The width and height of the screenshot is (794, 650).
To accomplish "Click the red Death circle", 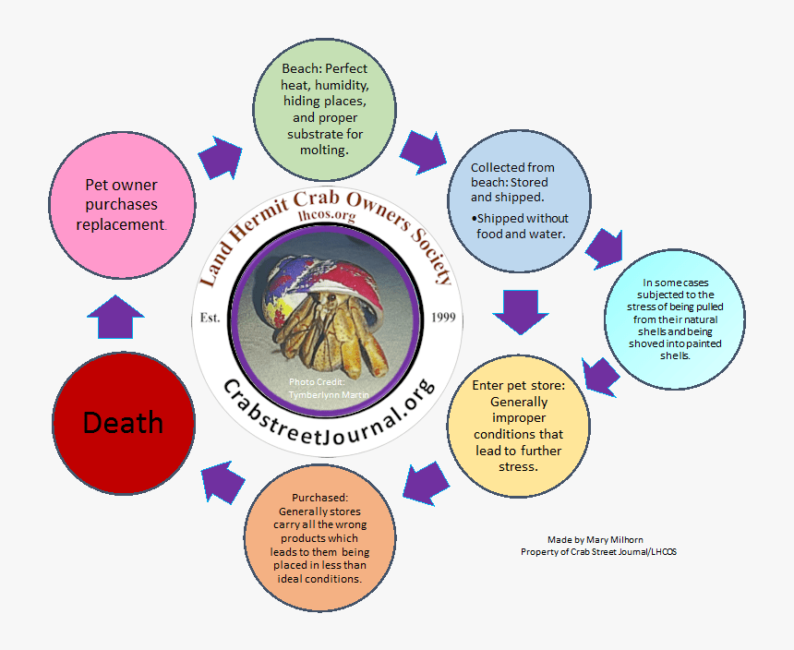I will pyautogui.click(x=124, y=423).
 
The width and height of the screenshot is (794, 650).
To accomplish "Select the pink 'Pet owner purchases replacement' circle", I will pyautogui.click(x=122, y=204).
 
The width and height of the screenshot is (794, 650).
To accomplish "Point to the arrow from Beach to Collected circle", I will pyautogui.click(x=426, y=151).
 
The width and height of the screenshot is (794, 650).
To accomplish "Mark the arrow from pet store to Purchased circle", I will pyautogui.click(x=426, y=483).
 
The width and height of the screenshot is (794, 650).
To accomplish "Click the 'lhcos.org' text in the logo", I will pyautogui.click(x=327, y=216).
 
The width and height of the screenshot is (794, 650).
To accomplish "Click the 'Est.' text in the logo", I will pyautogui.click(x=211, y=319).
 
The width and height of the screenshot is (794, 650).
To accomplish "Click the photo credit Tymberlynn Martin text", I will pyautogui.click(x=317, y=389).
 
